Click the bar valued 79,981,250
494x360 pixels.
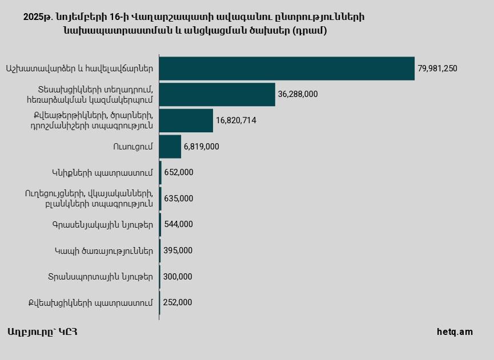click(x=287, y=68)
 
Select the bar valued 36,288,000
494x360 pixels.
click(x=217, y=94)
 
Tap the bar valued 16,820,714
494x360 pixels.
click(x=186, y=120)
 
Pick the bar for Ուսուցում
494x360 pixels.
click(x=170, y=147)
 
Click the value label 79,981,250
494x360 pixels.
click(x=437, y=68)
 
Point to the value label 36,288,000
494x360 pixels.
click(x=298, y=94)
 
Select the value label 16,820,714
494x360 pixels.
click(x=236, y=120)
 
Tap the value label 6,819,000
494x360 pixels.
click(x=201, y=147)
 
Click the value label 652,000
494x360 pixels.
click(x=179, y=172)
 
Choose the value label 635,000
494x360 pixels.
click(x=179, y=199)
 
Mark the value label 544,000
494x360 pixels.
click(x=178, y=224)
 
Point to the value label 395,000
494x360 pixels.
click(x=178, y=250)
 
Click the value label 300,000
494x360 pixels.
click(x=178, y=277)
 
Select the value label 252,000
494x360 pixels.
click(x=177, y=302)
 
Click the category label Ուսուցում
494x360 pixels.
click(x=133, y=147)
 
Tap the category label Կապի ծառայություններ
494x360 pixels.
click(x=104, y=250)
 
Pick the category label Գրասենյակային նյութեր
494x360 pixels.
click(x=102, y=224)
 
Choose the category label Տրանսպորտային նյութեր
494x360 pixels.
click(x=101, y=277)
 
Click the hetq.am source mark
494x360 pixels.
click(x=455, y=332)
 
